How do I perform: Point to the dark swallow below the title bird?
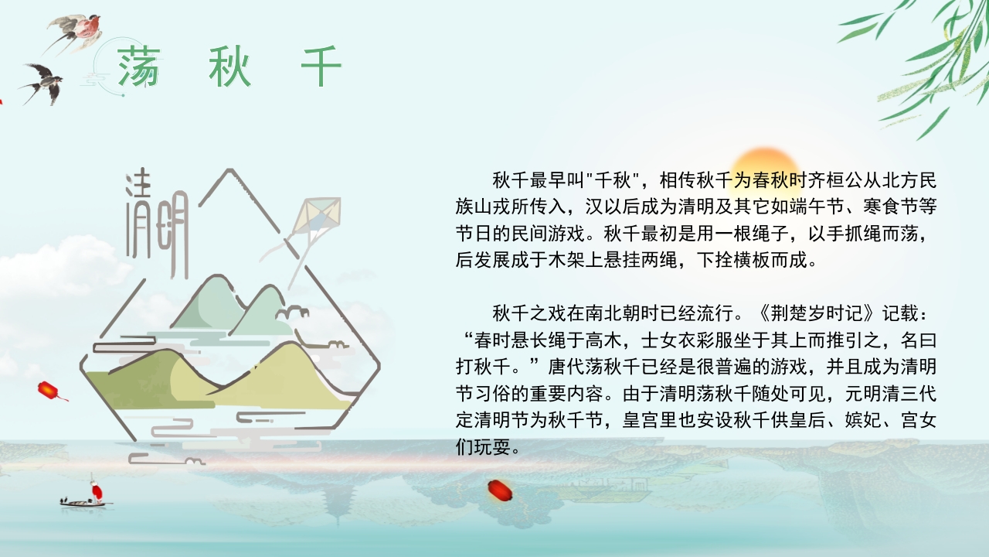point(45,81)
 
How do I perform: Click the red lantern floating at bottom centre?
point(498,490)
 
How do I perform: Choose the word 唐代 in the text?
point(567,367)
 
